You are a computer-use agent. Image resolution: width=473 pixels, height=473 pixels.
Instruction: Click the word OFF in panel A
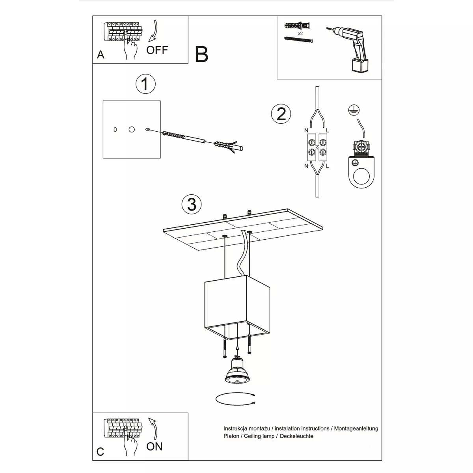pos(157,50)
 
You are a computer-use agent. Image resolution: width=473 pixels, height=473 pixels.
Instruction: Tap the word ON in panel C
pos(155,447)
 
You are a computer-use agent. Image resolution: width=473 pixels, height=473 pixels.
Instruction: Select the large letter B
pos(201,54)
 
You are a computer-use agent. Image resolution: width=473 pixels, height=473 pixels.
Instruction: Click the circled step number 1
pos(145,84)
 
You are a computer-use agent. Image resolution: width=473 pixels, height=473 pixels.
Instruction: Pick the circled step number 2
pos(281,114)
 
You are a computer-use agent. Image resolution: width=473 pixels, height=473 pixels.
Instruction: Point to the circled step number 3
pos(192,205)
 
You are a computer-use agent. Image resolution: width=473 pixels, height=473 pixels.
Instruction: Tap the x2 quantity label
pos(300,34)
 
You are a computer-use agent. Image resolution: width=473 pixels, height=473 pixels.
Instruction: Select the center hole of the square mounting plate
pos(132,129)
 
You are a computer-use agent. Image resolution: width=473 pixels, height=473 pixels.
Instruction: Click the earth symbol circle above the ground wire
pos(354,110)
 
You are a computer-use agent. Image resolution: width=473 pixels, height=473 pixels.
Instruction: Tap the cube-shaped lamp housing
pos(237,307)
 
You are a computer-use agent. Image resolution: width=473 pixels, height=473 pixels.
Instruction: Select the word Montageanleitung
pos(356,428)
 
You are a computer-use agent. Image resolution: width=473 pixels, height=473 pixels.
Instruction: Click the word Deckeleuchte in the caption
pos(296,436)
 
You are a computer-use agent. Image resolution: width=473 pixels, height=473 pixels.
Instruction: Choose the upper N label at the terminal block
pos(306,130)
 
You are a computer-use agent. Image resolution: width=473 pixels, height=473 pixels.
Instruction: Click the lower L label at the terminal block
pos(328,166)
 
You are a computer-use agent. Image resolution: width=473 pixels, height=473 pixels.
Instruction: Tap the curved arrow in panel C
pos(153,429)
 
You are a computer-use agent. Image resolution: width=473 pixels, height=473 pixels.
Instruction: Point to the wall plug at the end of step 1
pos(229,147)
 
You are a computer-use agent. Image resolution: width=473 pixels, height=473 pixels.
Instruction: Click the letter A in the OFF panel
pos(101,55)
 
